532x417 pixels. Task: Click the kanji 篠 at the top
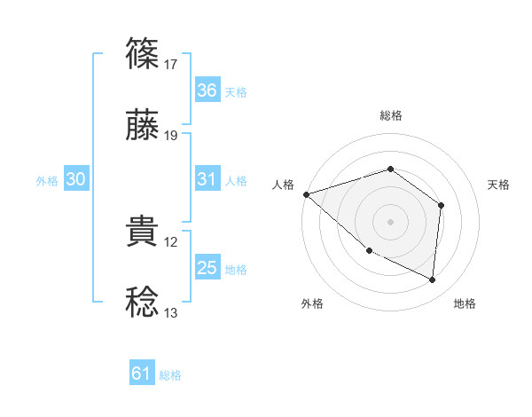tap(143, 54)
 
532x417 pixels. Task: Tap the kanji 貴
tap(143, 232)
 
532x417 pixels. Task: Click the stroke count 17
tap(171, 64)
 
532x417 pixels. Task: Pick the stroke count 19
tap(171, 135)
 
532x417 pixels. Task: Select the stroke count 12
tap(171, 241)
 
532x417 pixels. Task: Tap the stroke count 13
tap(171, 312)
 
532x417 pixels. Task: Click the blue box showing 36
tap(207, 90)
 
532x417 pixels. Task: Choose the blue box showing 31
tap(207, 179)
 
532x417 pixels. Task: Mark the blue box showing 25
tap(207, 268)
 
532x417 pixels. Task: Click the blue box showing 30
tap(76, 179)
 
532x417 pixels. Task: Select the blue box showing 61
tap(142, 374)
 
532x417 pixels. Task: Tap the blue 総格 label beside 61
tap(170, 375)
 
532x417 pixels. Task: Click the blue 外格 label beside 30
tap(47, 180)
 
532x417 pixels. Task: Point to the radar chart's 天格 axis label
tap(499, 185)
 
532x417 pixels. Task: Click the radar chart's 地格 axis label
tap(465, 303)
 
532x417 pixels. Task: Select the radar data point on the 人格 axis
tap(306, 193)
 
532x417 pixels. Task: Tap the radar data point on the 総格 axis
tap(390, 169)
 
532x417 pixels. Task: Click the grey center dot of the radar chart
tap(390, 221)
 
